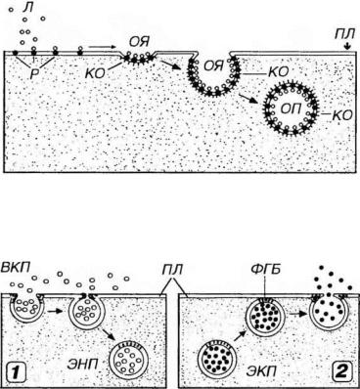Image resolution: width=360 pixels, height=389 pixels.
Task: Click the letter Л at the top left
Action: point(27,7)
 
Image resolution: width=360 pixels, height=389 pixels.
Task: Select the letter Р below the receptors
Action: point(34,74)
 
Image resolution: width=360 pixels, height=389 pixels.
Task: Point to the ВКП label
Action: point(16,267)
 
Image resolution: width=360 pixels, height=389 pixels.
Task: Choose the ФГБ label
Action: point(266,270)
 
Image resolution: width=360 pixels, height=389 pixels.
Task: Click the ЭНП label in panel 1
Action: point(82,364)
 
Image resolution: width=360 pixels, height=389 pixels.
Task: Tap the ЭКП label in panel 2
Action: point(261,370)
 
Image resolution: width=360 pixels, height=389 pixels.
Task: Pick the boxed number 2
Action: point(341,372)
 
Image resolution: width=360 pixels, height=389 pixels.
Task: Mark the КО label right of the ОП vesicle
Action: point(342,114)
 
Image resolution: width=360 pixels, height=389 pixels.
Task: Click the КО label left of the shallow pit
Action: point(95,73)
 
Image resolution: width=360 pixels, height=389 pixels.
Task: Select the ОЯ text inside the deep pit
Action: point(213,66)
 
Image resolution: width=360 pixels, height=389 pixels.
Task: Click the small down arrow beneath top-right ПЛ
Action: point(347,47)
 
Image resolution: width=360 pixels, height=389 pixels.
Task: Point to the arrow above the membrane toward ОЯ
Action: point(102,47)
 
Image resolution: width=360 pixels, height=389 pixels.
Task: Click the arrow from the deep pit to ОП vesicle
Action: point(246,99)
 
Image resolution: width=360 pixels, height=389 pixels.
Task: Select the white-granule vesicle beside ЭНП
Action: point(129,360)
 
